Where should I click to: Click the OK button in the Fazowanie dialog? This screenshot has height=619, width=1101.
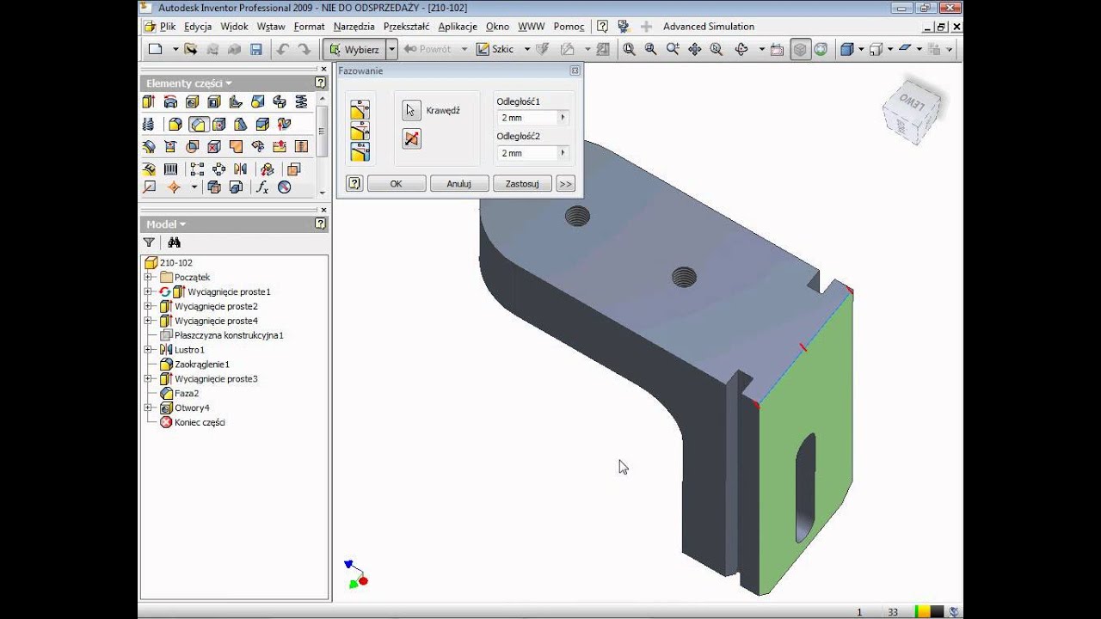click(x=397, y=184)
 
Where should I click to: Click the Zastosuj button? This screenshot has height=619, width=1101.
click(x=522, y=184)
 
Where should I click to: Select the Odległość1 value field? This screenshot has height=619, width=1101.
click(x=528, y=118)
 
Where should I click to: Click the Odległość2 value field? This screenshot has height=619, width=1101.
click(x=528, y=153)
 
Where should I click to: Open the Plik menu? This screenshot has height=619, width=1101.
click(x=168, y=27)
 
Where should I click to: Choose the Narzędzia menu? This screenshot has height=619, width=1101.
click(x=354, y=27)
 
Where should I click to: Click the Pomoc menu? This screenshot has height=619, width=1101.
click(x=569, y=27)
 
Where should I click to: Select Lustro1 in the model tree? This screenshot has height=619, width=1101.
click(x=189, y=350)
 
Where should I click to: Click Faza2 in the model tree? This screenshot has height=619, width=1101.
click(x=187, y=394)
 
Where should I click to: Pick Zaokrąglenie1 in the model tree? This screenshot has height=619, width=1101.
click(x=202, y=365)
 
